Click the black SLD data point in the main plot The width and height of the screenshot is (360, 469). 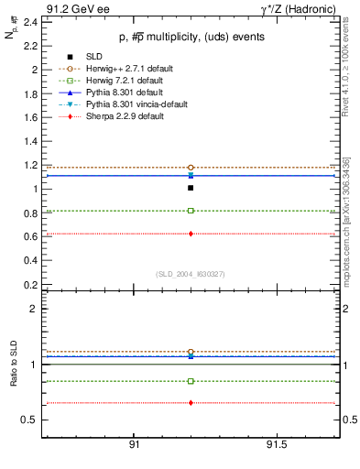tap(191, 188)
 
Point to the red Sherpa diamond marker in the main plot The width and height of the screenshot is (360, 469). tap(191, 234)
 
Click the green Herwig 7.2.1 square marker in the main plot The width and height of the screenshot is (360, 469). tap(191, 211)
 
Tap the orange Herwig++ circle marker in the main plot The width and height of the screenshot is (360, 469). tap(191, 168)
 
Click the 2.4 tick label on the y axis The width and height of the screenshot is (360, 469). tap(29, 21)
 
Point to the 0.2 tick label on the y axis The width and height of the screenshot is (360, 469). tap(29, 285)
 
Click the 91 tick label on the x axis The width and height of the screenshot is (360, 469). tap(134, 445)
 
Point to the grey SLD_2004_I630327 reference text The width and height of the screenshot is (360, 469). tap(190, 274)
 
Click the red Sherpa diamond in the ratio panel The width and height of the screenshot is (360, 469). tap(191, 403)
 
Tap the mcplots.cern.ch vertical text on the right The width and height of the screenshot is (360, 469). tap(349, 211)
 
